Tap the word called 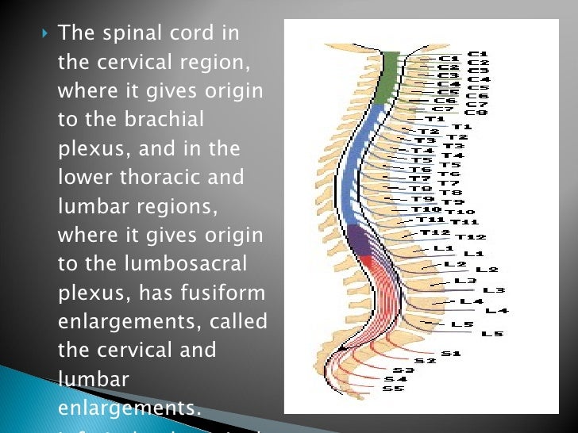click(x=238, y=321)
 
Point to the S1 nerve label click(x=451, y=354)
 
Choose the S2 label click(x=426, y=361)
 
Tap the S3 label click(x=403, y=370)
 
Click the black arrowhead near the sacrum click(x=339, y=349)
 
